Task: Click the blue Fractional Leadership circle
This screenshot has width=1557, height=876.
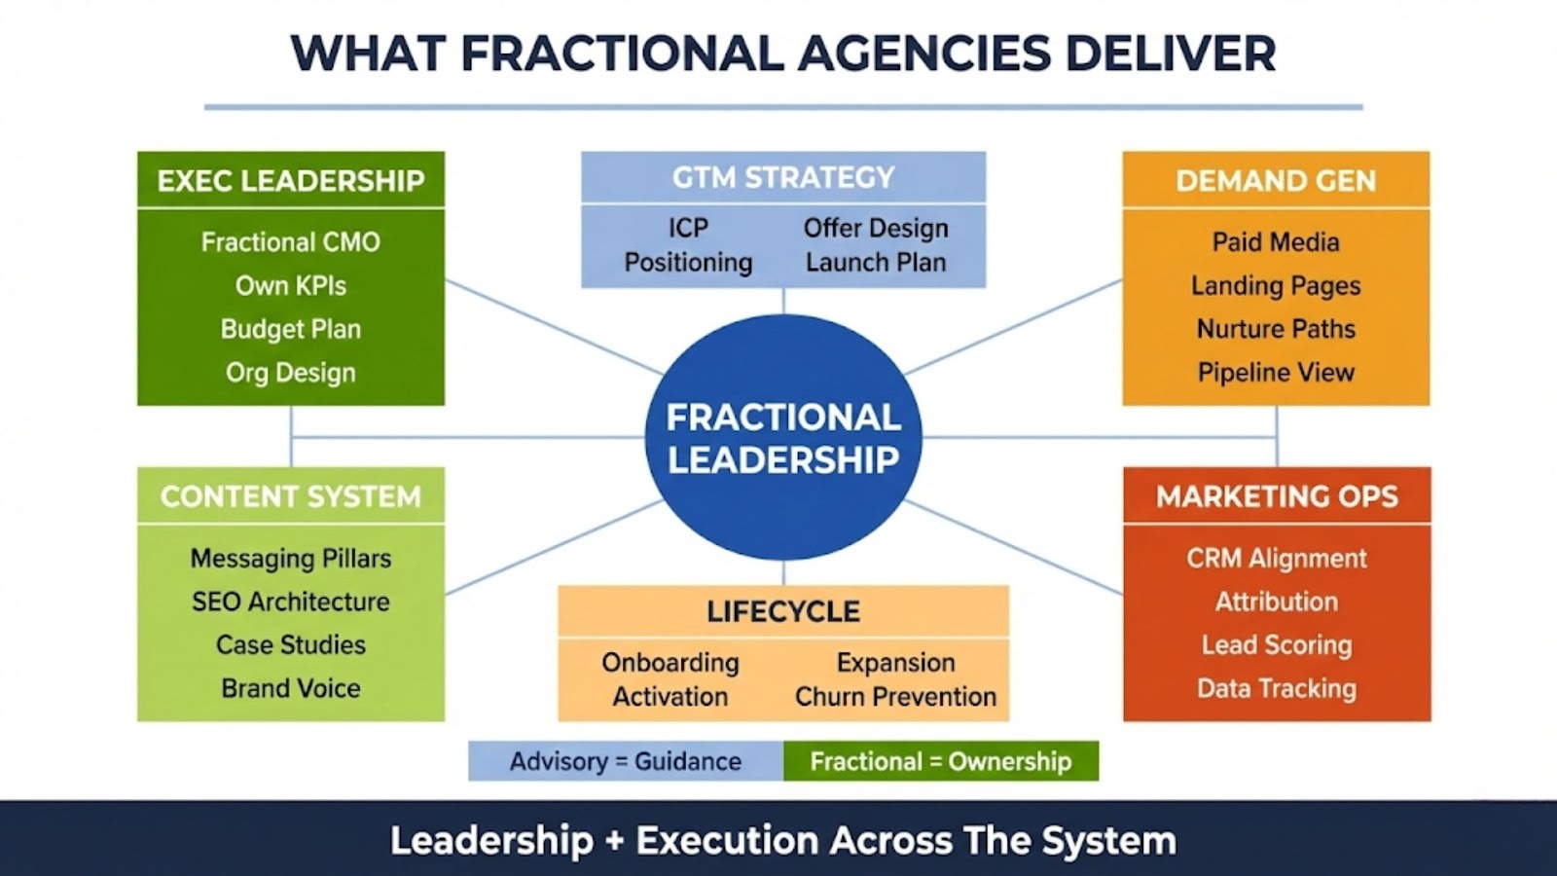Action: coord(783,437)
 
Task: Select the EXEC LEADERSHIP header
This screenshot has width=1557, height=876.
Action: coord(291,180)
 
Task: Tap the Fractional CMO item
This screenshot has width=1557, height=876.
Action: coord(291,241)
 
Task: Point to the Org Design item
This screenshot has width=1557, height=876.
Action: coord(291,372)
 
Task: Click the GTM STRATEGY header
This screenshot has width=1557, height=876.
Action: coord(783,177)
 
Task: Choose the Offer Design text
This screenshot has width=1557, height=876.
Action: coord(876,228)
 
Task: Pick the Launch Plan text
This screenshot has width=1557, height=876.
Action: coord(876,262)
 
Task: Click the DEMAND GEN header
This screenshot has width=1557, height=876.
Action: coord(1276,180)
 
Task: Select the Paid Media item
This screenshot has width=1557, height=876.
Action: coord(1276,241)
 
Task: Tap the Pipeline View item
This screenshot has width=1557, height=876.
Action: coord(1276,372)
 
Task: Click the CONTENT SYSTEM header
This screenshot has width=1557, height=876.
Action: coord(291,496)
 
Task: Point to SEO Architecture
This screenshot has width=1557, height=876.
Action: coord(291,602)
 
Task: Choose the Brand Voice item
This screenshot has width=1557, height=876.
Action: coord(291,688)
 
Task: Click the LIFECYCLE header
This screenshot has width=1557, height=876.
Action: coord(783,611)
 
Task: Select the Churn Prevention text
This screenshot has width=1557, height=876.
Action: coord(895,697)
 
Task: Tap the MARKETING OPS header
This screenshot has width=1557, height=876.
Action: coord(1277,496)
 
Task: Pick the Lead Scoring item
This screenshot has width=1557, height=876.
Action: coord(1277,644)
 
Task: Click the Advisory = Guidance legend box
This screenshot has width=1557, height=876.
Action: coord(626,761)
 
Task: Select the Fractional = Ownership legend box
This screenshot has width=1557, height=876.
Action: coord(941,761)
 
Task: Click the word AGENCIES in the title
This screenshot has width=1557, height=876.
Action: coord(924,53)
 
